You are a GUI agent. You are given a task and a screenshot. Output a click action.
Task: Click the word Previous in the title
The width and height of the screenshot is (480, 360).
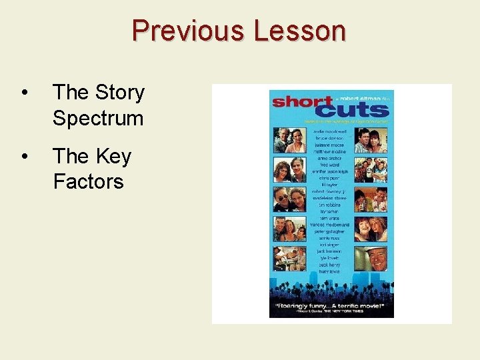188,31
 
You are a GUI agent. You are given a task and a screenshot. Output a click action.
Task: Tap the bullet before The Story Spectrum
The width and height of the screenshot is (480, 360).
25,93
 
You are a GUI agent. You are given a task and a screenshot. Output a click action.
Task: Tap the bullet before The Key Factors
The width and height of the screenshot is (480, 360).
25,157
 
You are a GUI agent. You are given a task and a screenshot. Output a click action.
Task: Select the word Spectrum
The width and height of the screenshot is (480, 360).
98,118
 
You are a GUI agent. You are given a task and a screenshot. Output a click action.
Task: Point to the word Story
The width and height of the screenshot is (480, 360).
119,93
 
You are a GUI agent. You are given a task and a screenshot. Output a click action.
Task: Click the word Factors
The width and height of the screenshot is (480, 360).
88,181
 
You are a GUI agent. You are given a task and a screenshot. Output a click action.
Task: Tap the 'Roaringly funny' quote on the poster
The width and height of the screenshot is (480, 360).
331,306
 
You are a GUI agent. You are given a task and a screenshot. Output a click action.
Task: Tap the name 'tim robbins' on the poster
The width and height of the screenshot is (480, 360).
331,206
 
